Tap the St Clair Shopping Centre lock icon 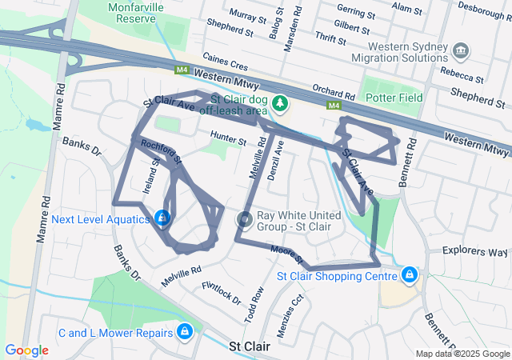410,276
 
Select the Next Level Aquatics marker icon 162,218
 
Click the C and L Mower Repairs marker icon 185,331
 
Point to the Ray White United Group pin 244,218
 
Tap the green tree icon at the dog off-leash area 279,102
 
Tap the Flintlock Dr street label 222,293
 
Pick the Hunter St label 229,138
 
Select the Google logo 27,350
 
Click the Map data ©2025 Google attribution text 462,354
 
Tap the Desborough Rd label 481,12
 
